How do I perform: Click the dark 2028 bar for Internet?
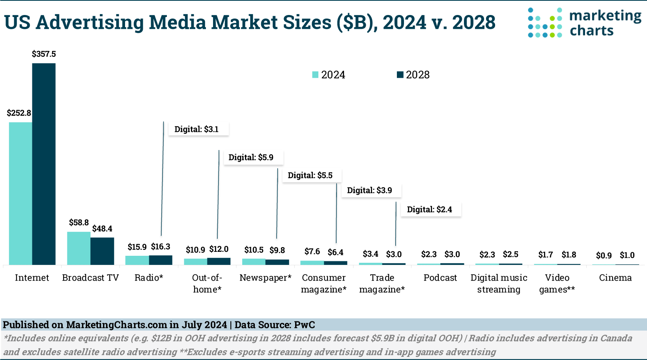point(44,164)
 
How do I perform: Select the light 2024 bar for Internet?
point(21,193)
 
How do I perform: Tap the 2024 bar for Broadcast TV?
point(79,248)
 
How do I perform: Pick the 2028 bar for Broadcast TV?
point(102,251)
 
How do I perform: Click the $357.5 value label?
point(44,54)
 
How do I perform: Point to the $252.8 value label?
point(19,113)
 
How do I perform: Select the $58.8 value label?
point(79,223)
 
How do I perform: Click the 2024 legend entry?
point(329,75)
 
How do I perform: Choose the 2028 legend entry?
point(413,75)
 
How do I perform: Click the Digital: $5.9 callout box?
point(253,157)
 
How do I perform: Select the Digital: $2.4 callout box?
point(431,210)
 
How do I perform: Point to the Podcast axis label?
point(440,278)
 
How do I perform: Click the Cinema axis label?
point(615,278)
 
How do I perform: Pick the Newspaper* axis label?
point(265,278)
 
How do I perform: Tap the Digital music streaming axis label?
point(499,283)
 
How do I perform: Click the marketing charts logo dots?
point(545,23)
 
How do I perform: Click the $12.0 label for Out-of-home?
point(219,249)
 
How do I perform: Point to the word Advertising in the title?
point(89,22)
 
